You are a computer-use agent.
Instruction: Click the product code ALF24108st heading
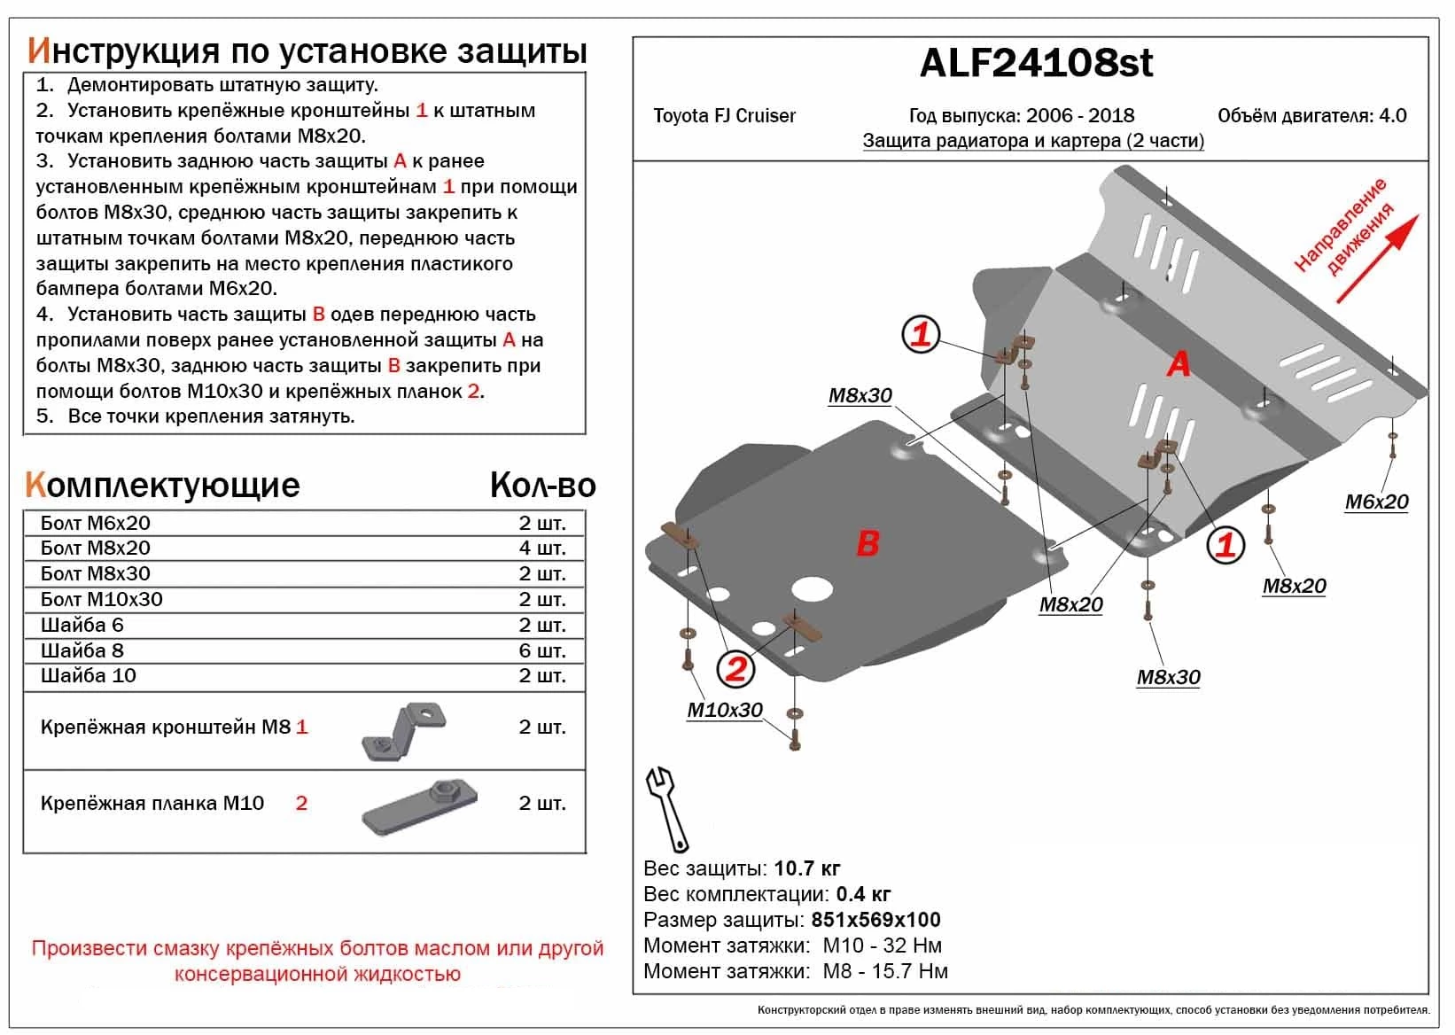pos(1036,63)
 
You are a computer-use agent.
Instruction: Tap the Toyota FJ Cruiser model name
pos(724,116)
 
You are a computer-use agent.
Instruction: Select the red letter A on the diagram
pos(1178,363)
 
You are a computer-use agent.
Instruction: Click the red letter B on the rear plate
pos(868,543)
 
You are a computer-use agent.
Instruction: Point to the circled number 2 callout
pos(735,668)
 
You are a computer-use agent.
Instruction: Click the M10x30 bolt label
pos(724,710)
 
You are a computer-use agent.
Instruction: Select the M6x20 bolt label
pos(1376,502)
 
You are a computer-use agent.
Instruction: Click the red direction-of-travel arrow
pos(1378,257)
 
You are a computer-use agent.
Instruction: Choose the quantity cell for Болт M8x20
pos(541,549)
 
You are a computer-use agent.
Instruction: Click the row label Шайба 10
pos(89,676)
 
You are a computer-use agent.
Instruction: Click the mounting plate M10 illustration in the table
pos(419,805)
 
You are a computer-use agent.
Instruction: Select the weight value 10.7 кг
pos(806,868)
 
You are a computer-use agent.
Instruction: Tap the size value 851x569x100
pos(875,920)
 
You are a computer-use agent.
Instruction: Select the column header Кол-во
pos(542,485)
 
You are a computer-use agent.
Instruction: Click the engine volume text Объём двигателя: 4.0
pos(1311,116)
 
